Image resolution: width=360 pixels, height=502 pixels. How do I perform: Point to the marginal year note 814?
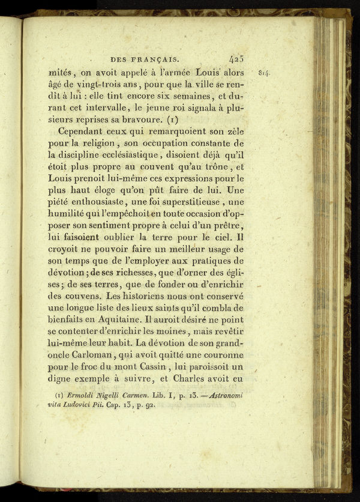click(265, 73)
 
